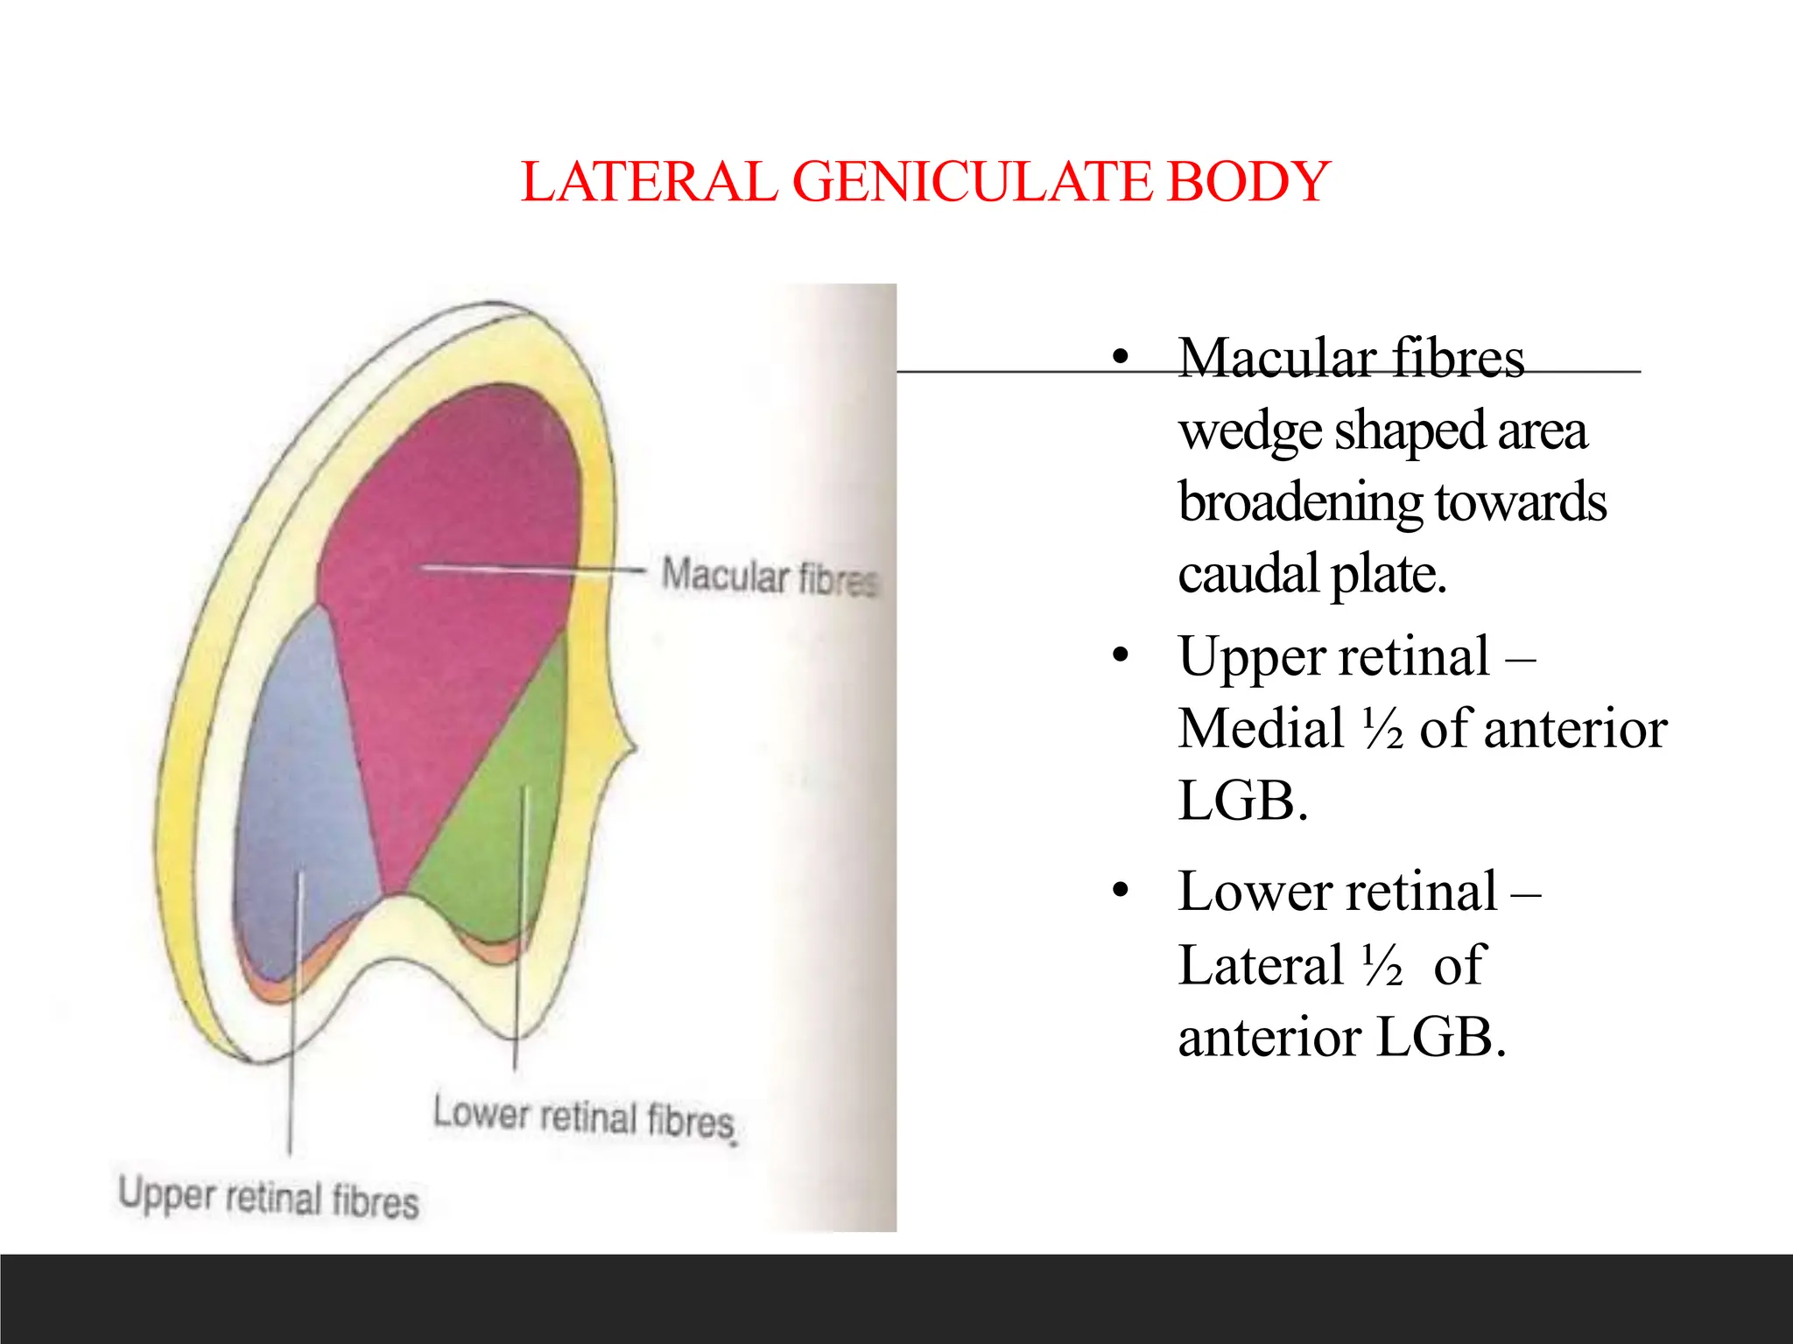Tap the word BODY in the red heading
pos(1249,182)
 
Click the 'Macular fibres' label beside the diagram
pos(770,577)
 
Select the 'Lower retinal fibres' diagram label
pos(585,1117)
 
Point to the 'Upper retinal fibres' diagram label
pos(269,1196)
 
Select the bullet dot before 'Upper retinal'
pos(1120,655)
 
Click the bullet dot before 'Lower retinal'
pos(1120,891)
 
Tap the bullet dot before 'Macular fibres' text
pos(1120,357)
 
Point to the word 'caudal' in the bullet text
pos(1248,574)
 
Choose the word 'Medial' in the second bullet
pos(1261,729)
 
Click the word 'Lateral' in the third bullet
pos(1261,965)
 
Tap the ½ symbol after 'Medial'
pos(1383,729)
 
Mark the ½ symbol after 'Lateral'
pos(1383,965)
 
